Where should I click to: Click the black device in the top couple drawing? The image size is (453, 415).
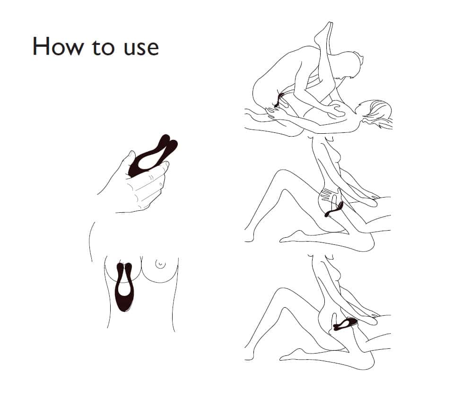coord(279,100)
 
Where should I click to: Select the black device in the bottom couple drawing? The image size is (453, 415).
coord(345,323)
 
